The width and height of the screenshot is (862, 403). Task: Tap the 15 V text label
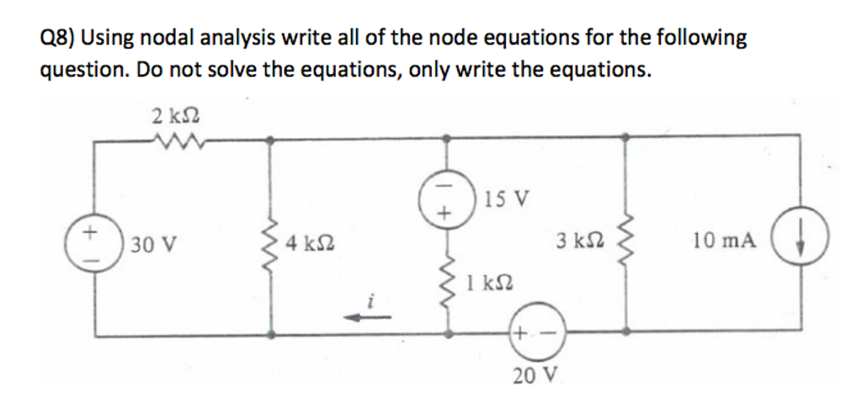pos(508,199)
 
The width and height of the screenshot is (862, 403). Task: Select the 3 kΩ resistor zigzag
pos(625,242)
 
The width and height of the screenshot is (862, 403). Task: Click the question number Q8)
pos(59,38)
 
